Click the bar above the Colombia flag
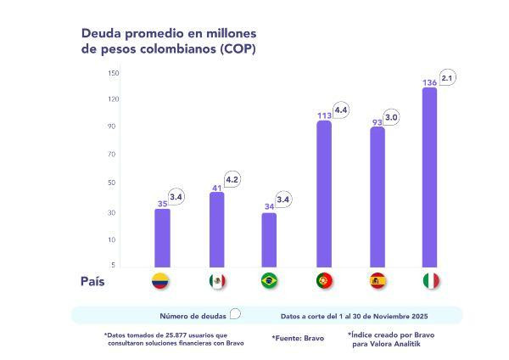(x=162, y=238)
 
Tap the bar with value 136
(x=429, y=178)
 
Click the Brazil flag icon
(x=270, y=281)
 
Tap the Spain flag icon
(x=378, y=281)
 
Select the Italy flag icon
(x=431, y=281)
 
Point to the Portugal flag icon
(x=324, y=281)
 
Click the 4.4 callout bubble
(x=341, y=110)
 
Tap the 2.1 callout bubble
(x=448, y=78)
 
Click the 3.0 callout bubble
(x=392, y=116)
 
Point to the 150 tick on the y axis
(x=114, y=72)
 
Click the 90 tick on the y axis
(x=114, y=127)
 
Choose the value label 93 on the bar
(x=377, y=121)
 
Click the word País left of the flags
(x=93, y=281)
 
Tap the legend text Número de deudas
(x=193, y=315)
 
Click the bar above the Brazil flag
(x=269, y=240)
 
